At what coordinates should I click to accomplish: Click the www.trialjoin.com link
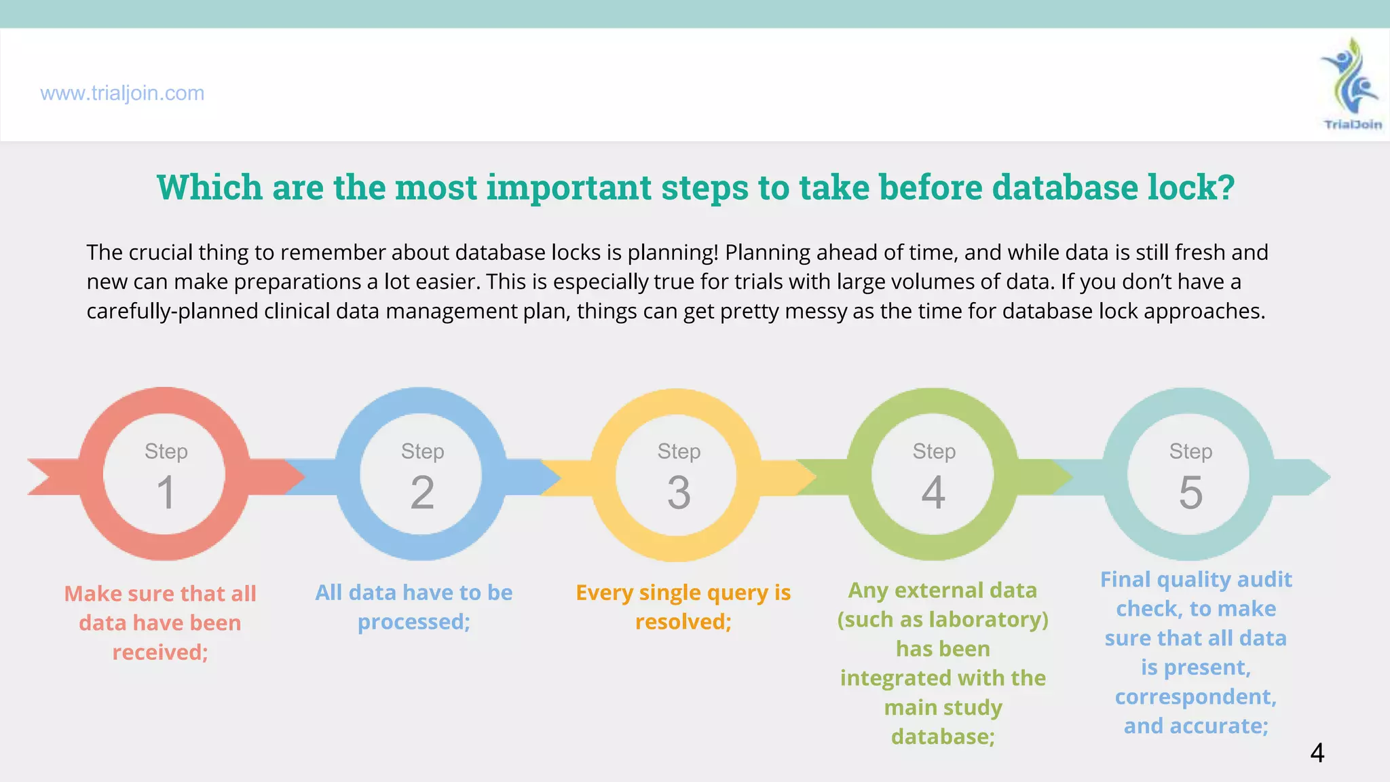122,93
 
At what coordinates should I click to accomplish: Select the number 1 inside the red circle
166,493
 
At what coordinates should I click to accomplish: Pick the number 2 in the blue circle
422,493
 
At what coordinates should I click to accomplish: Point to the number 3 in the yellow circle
679,493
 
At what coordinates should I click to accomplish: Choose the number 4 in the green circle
933,493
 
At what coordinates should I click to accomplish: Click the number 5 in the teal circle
1190,493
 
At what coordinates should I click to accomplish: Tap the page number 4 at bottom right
1317,753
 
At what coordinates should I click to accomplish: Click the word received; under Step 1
160,652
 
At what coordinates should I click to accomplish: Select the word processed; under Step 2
414,622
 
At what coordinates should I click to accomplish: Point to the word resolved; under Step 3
683,622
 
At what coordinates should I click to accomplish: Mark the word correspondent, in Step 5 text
1196,697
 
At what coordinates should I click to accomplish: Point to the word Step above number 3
679,451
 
